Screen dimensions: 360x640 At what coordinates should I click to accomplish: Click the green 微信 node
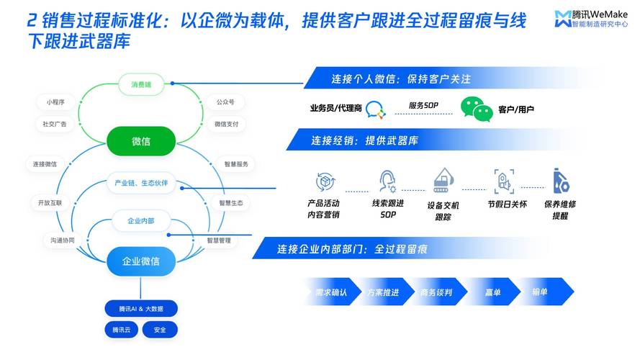pyautogui.click(x=141, y=141)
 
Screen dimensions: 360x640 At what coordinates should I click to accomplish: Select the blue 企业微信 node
pyautogui.click(x=141, y=261)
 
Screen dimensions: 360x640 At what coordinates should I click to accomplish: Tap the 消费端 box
pyautogui.click(x=141, y=84)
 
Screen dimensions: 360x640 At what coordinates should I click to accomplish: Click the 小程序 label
pyautogui.click(x=55, y=102)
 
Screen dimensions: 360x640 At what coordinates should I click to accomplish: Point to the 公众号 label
pyautogui.click(x=225, y=102)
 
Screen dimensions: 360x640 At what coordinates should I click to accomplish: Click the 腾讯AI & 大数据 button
pyautogui.click(x=141, y=309)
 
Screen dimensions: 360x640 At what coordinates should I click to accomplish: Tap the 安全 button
pyautogui.click(x=160, y=330)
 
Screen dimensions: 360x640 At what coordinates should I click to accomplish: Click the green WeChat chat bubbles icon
pyautogui.click(x=477, y=109)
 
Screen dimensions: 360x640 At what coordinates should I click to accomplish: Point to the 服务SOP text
pyautogui.click(x=423, y=105)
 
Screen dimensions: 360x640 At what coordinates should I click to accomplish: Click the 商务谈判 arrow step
pyautogui.click(x=437, y=292)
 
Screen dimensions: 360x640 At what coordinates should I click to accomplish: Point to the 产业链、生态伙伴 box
pyautogui.click(x=141, y=183)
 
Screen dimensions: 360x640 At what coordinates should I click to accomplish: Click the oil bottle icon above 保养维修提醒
pyautogui.click(x=560, y=180)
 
